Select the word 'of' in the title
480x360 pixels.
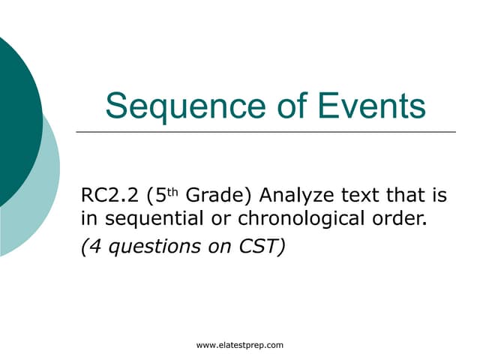286,106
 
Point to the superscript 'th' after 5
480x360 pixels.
172,192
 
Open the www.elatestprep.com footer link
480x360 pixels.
239,345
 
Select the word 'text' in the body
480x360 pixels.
359,197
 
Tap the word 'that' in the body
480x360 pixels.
407,197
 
